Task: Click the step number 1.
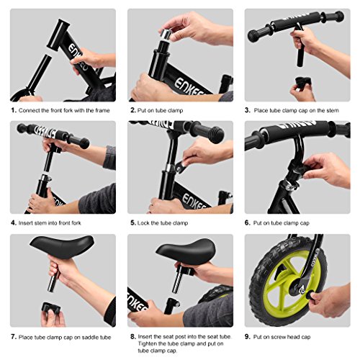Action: point(14,110)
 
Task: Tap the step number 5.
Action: point(133,222)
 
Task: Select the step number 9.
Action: point(248,337)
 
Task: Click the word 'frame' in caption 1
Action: point(102,110)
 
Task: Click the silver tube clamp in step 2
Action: point(166,34)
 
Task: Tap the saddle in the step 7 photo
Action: point(62,246)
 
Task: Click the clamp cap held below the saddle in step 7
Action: point(51,309)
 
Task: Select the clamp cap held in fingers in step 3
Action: point(302,81)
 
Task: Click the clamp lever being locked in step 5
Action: point(181,166)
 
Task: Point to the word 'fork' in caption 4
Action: point(76,223)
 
